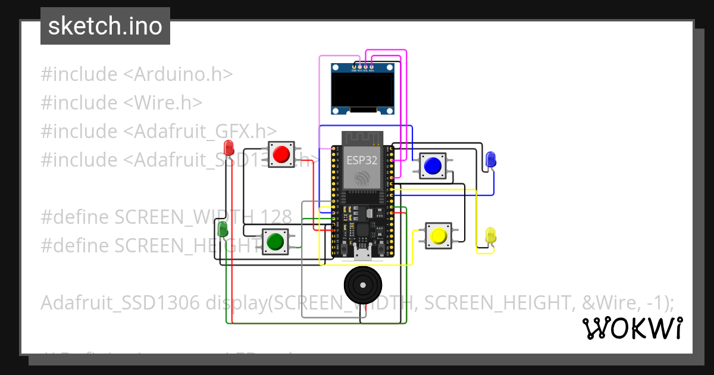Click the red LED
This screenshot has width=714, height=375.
(228, 147)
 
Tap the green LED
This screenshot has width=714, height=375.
(223, 229)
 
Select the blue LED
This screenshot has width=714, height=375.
(491, 159)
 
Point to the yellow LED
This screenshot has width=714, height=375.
(491, 235)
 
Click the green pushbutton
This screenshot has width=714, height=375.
(275, 242)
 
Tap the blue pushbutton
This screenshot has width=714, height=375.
(433, 165)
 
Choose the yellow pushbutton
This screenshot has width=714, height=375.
(439, 236)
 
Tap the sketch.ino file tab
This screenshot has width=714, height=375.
(105, 26)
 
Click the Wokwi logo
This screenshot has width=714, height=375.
(632, 328)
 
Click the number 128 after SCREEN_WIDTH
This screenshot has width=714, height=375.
(274, 217)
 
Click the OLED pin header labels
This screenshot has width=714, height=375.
(363, 70)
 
